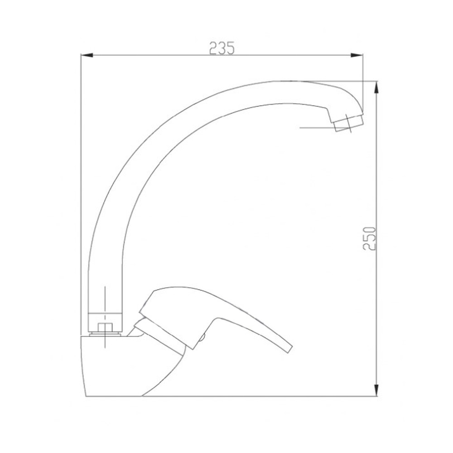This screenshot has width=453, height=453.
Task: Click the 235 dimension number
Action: pyautogui.click(x=222, y=48)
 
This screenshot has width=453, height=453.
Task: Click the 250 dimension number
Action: pyautogui.click(x=370, y=239)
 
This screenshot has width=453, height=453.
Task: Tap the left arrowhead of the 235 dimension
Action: pyautogui.click(x=87, y=55)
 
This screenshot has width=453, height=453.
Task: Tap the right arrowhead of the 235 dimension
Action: pyautogui.click(x=357, y=55)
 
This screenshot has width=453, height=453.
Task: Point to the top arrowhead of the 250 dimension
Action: pyautogui.click(x=376, y=87)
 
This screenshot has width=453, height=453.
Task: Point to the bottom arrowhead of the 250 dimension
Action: pyautogui.click(x=376, y=390)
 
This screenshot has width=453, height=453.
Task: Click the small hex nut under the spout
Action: pyautogui.click(x=105, y=328)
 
